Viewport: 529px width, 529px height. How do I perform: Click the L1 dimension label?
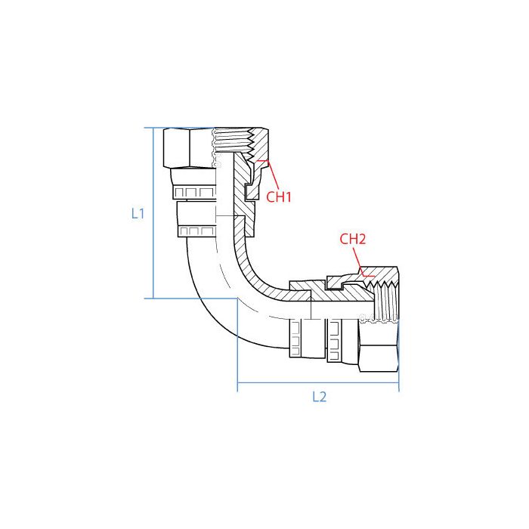[x=137, y=214]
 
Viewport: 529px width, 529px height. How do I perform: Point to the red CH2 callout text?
[x=353, y=240]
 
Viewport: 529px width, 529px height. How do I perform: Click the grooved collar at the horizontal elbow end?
[x=299, y=336]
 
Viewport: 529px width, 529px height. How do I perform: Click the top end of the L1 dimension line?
[x=153, y=128]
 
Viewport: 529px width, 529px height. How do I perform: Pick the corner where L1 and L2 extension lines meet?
[x=238, y=299]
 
